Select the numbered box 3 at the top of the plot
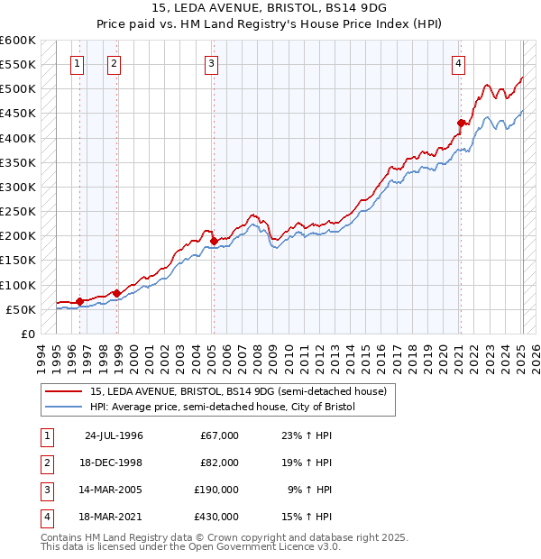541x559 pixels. pos(210,63)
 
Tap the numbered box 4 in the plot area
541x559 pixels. pos(458,63)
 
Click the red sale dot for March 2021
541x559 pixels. pos(461,123)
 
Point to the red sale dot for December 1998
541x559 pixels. pos(116,293)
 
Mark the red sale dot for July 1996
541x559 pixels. pos(79,300)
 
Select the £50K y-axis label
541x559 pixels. pos(22,309)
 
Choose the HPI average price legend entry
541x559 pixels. pos(223,408)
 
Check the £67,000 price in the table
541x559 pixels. pos(220,435)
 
